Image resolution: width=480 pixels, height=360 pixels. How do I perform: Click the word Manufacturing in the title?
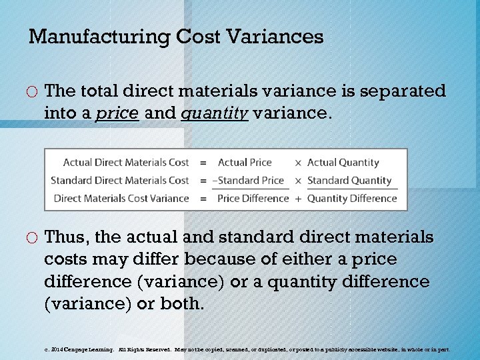(100, 37)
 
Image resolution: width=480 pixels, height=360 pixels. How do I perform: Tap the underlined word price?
(117, 114)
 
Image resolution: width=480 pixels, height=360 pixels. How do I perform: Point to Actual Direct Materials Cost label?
(126, 163)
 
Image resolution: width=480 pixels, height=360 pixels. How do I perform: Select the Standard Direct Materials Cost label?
(120, 181)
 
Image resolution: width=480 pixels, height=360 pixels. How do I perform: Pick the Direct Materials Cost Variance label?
(121, 199)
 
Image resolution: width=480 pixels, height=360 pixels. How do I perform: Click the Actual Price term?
(245, 163)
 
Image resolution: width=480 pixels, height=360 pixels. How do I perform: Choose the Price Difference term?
(253, 199)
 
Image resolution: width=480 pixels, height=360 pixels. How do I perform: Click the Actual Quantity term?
(343, 163)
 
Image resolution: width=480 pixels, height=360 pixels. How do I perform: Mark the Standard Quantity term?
(349, 181)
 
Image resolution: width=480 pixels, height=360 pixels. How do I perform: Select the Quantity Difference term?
(352, 199)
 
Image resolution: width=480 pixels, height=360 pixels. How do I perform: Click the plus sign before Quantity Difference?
(298, 199)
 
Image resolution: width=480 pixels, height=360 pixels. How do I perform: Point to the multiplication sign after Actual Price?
(298, 163)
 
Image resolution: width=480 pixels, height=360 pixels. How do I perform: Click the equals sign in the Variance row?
(203, 199)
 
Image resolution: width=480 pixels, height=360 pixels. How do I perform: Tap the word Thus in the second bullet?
(68, 238)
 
